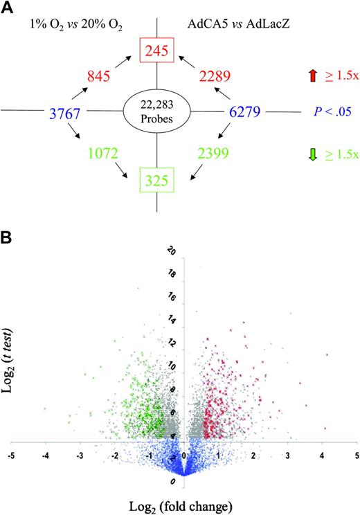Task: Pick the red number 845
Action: click(x=80, y=75)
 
